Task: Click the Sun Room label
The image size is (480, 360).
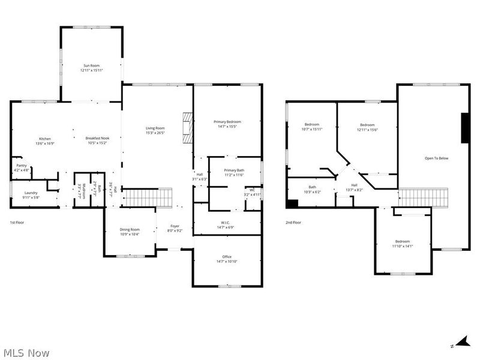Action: pyautogui.click(x=92, y=67)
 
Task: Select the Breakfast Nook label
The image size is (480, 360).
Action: pyautogui.click(x=97, y=141)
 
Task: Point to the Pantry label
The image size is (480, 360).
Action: pyautogui.click(x=21, y=167)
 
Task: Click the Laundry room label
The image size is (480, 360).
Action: pyautogui.click(x=31, y=194)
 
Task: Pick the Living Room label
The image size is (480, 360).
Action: pyautogui.click(x=155, y=130)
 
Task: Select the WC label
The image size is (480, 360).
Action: pyautogui.click(x=253, y=192)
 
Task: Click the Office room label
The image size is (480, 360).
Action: pyautogui.click(x=226, y=259)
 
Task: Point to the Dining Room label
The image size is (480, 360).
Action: pyautogui.click(x=130, y=232)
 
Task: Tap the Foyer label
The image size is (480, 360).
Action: pyautogui.click(x=174, y=228)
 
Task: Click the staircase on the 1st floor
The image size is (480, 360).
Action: pyautogui.click(x=148, y=197)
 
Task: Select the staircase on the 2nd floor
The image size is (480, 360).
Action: pyautogui.click(x=424, y=197)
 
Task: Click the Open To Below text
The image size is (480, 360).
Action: pyautogui.click(x=436, y=158)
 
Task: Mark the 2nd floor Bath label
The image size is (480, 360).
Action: pyautogui.click(x=312, y=189)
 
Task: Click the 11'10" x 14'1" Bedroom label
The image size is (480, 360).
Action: pyautogui.click(x=402, y=243)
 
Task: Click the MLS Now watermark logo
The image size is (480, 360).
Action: pyautogui.click(x=26, y=353)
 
